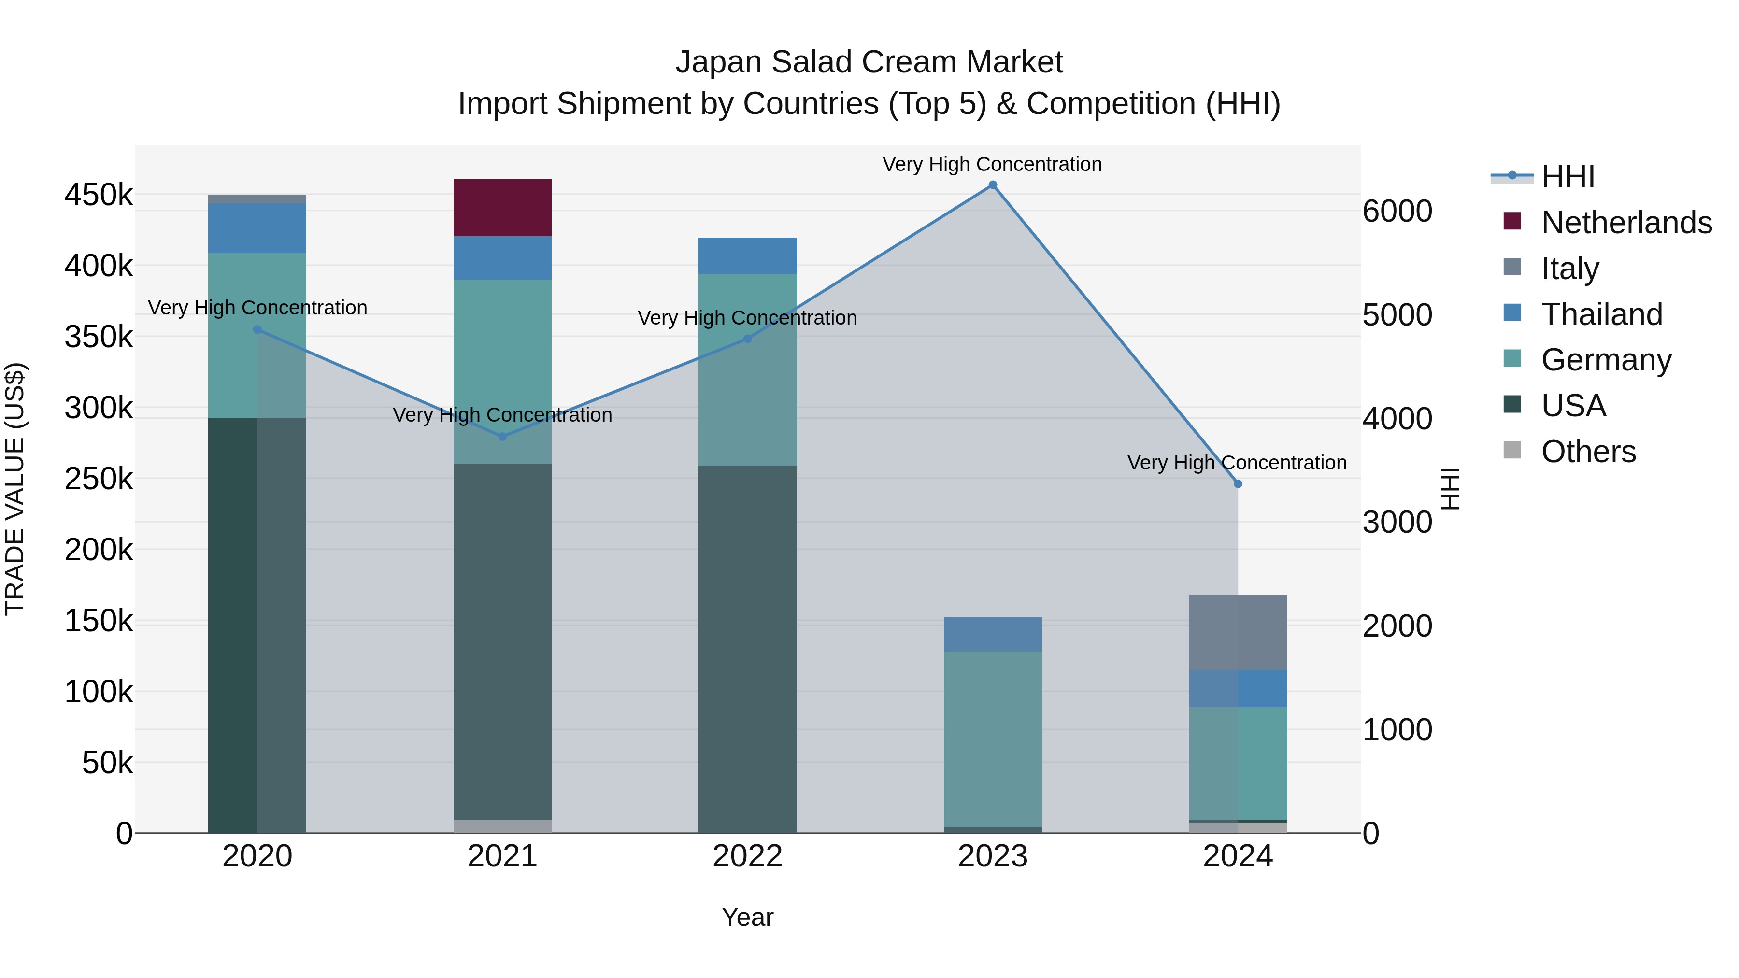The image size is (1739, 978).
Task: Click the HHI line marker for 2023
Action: (992, 185)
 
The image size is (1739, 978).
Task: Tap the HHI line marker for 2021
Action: (502, 437)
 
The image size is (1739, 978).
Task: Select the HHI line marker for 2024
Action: (1238, 484)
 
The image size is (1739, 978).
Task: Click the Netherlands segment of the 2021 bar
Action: (502, 208)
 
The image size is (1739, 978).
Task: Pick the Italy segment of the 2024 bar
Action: (1238, 632)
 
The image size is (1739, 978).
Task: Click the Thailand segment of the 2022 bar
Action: (747, 256)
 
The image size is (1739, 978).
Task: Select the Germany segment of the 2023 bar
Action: (992, 739)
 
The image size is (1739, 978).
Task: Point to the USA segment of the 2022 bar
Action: (747, 649)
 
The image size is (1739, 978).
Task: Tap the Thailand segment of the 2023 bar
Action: (992, 635)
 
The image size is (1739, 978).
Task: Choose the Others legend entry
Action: (1588, 452)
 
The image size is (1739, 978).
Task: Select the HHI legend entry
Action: (1568, 177)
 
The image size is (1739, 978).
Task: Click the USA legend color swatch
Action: (1512, 405)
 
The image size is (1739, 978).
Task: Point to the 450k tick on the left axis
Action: (99, 195)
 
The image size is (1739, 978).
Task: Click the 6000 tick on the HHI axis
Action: (1397, 211)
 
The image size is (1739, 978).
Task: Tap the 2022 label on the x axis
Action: (747, 856)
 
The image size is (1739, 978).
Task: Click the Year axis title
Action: (747, 917)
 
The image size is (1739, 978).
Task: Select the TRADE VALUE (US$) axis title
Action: (15, 489)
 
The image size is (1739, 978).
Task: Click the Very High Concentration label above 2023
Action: (992, 164)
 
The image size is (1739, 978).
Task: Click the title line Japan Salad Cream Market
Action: (869, 62)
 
